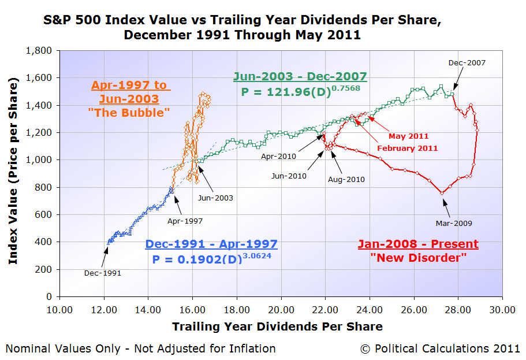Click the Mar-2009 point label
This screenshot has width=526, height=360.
pyautogui.click(x=454, y=223)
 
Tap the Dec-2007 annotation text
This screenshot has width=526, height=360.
pyautogui.click(x=467, y=63)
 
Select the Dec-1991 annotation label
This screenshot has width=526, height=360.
pyautogui.click(x=103, y=273)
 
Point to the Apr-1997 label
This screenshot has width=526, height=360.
pyautogui.click(x=185, y=221)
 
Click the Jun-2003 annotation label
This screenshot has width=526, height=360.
pyautogui.click(x=215, y=198)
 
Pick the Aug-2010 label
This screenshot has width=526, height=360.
pyautogui.click(x=346, y=179)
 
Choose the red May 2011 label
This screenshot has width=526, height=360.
pyautogui.click(x=409, y=136)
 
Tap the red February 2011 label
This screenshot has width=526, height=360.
pyautogui.click(x=408, y=148)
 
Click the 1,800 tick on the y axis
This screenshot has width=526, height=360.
pyautogui.click(x=39, y=51)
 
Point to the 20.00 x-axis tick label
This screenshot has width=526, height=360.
pyautogui.click(x=281, y=310)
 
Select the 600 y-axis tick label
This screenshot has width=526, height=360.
pyautogui.click(x=43, y=214)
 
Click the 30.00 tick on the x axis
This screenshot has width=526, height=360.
pyautogui.click(x=502, y=310)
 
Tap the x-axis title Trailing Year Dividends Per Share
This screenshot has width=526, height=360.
pyautogui.click(x=277, y=326)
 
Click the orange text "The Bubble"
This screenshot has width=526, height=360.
pyautogui.click(x=129, y=113)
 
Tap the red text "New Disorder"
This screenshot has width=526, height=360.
pyautogui.click(x=419, y=258)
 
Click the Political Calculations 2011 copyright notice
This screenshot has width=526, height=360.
pyautogui.click(x=440, y=348)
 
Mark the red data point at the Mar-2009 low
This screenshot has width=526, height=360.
pyautogui.click(x=442, y=193)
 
